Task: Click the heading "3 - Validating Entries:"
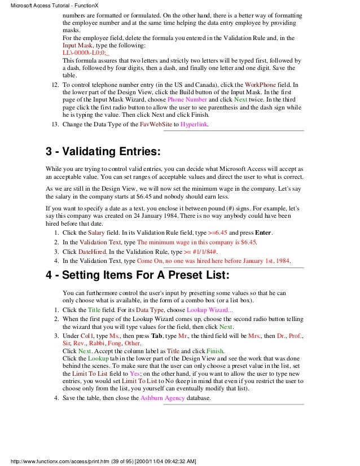(x=103, y=151)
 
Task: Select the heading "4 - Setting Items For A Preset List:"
(x=137, y=277)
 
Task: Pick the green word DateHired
(x=102, y=251)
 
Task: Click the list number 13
(x=55, y=124)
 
